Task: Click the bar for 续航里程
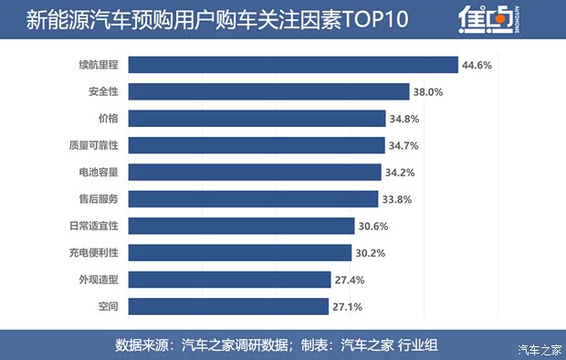[x=292, y=65]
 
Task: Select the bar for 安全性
[x=268, y=91]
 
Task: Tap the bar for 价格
[x=257, y=118]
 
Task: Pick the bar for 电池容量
[x=255, y=172]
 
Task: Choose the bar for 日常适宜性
[x=242, y=226]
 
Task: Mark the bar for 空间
[x=229, y=306]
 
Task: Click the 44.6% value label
[x=477, y=65]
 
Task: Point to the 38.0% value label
[x=428, y=91]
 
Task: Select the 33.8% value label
[x=397, y=199]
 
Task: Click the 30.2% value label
[x=372, y=253]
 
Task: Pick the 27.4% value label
[x=351, y=280]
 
